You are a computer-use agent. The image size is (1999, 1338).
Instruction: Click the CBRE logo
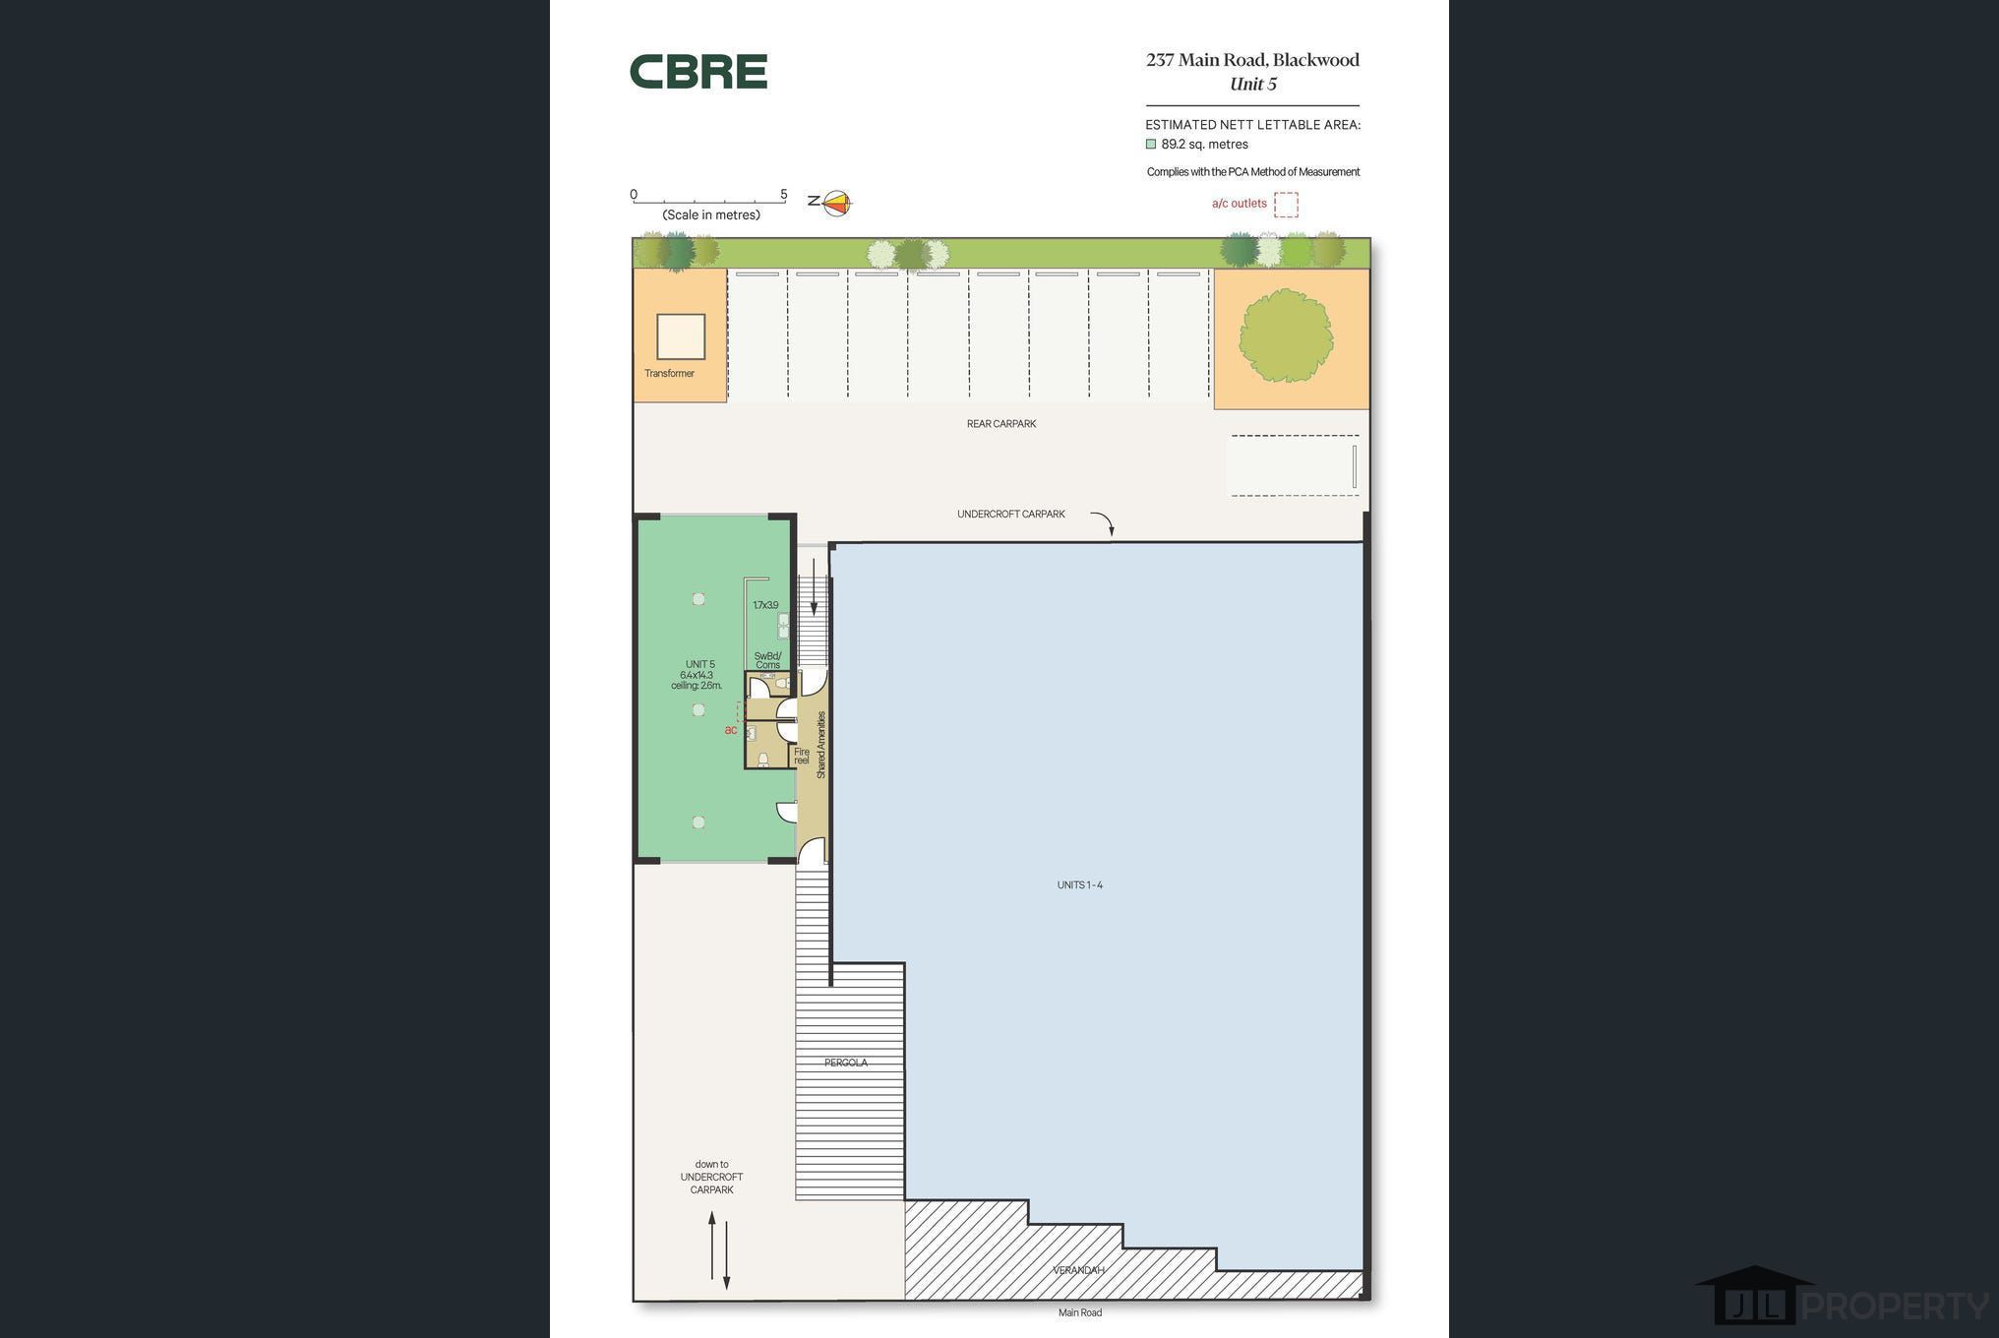pos(698,72)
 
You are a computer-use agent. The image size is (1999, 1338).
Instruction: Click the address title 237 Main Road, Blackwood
pos(1252,60)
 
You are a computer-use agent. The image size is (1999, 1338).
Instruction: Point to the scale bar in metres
pos(708,202)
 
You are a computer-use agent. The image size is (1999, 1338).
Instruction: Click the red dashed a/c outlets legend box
pos(1286,205)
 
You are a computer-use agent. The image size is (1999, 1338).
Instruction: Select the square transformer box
pos(681,336)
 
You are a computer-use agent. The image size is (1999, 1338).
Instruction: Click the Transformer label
pos(669,374)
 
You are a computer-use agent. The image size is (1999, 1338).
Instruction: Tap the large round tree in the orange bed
pos(1286,335)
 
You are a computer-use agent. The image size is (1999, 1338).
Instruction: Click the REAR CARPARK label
pos(1001,424)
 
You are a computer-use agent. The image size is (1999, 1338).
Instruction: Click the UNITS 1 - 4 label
pos(1080,885)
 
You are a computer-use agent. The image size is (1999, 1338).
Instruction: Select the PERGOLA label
pos(846,1063)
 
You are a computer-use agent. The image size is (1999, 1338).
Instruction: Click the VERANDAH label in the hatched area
pos(1079,1270)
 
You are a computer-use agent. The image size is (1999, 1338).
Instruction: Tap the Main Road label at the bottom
pos(1080,1312)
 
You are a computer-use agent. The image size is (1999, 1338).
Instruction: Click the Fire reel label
pos(802,757)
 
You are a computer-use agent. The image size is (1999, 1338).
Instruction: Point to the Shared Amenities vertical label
pos(821,746)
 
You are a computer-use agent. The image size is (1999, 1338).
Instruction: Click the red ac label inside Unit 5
pos(731,730)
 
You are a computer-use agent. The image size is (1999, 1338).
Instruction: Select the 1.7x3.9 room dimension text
pos(765,606)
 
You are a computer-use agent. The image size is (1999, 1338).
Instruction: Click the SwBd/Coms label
pos(768,660)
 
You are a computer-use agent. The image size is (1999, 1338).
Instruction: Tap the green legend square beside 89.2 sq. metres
pos(1151,144)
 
